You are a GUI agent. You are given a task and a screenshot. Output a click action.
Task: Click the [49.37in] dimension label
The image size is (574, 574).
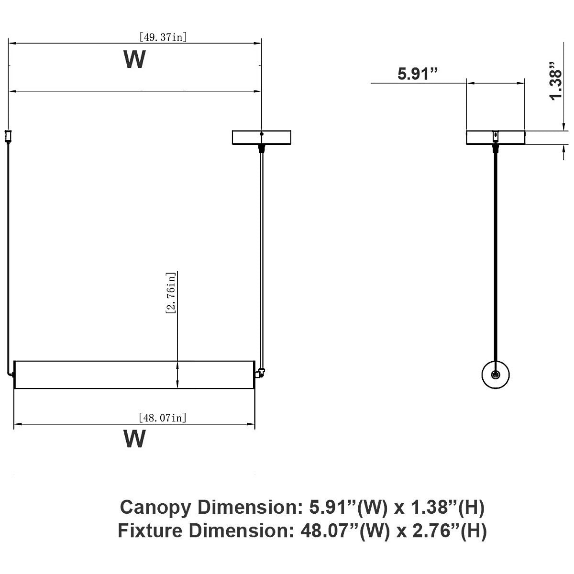point(163,37)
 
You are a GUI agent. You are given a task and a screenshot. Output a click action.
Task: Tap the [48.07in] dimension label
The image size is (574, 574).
point(163,418)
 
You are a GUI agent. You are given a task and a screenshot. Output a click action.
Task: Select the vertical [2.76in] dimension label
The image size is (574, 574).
point(171,293)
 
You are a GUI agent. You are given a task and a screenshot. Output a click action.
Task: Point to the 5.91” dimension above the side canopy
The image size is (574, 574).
point(418,74)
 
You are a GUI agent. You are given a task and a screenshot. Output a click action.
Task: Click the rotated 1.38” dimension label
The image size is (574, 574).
point(556,81)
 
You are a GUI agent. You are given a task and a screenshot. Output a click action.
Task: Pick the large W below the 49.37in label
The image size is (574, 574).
point(134,59)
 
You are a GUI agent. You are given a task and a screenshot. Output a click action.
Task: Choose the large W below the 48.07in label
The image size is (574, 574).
point(134,439)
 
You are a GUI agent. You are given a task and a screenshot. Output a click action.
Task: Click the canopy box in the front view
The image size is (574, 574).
point(262,137)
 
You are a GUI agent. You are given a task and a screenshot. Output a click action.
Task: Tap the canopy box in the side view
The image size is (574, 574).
point(496,137)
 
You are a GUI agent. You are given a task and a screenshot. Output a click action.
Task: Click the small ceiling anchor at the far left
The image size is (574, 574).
point(8,136)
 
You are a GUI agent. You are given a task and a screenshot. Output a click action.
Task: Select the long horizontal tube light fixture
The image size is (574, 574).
point(134,375)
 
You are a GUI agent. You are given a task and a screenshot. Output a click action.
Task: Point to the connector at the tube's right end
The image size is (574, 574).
point(260,373)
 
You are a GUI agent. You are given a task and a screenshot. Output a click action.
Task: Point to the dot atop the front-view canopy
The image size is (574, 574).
point(262,134)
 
